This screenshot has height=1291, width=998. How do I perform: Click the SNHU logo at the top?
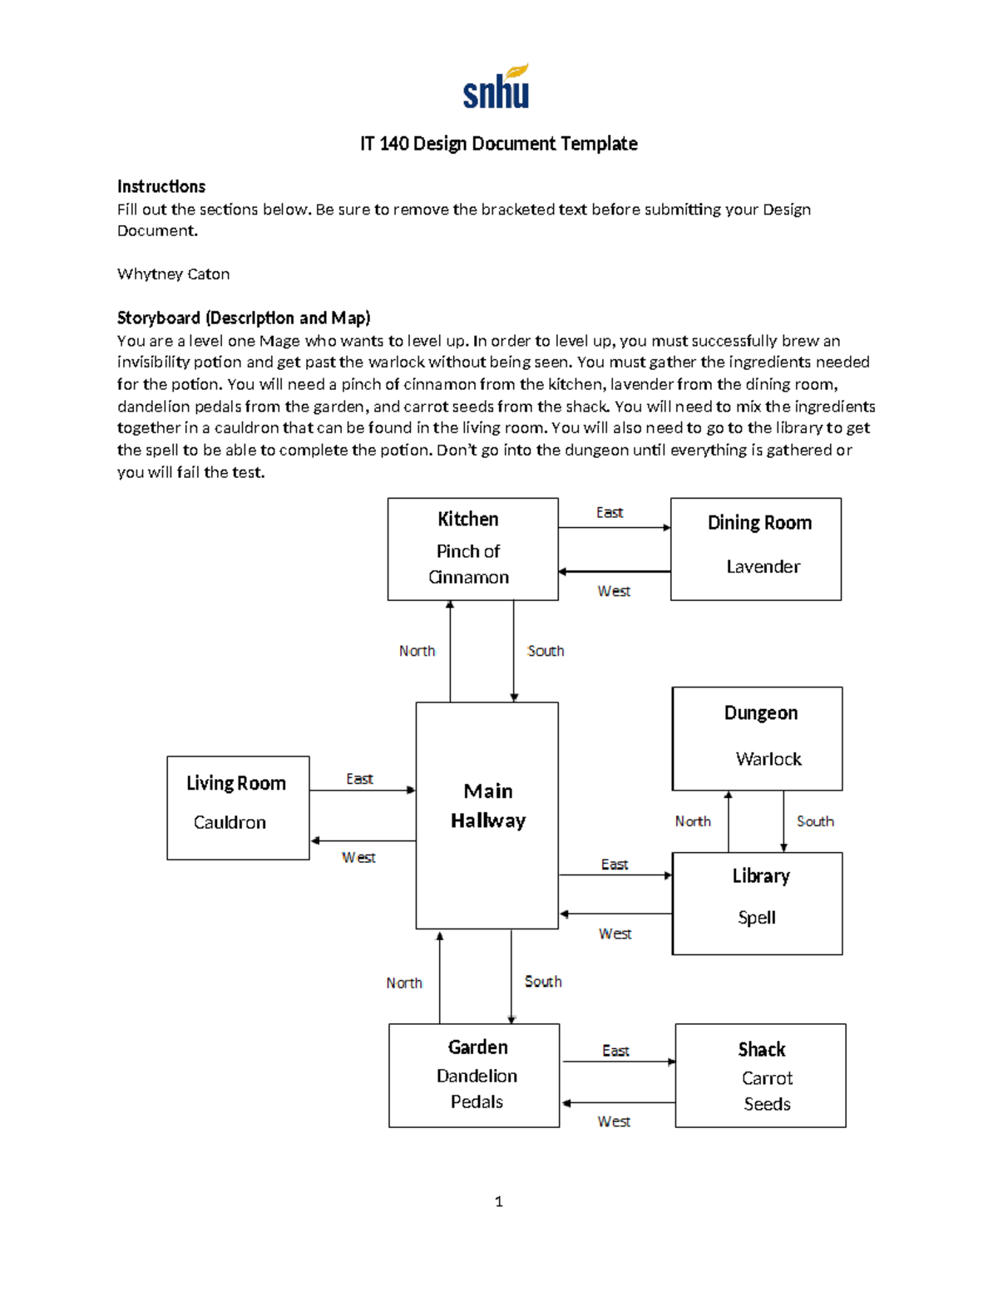[497, 87]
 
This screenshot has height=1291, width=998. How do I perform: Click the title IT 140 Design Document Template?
[498, 144]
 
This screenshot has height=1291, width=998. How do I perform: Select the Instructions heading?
[161, 186]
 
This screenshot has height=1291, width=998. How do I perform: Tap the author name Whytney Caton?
[173, 274]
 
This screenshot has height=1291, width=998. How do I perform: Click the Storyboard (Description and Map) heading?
[244, 318]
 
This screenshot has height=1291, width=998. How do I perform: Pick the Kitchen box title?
[468, 520]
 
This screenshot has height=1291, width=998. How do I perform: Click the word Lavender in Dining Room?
[763, 567]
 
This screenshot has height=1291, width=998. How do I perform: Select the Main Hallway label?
[488, 806]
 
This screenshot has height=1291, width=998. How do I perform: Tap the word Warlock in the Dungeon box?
[768, 759]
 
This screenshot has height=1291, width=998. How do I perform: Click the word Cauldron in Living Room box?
[230, 822]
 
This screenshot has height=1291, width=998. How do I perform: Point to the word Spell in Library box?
[757, 918]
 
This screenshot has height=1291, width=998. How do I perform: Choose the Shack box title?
[762, 1049]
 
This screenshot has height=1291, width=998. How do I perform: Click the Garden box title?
[477, 1047]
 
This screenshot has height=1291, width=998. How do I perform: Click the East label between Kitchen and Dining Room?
[610, 513]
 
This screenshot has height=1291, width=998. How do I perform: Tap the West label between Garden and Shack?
[614, 1121]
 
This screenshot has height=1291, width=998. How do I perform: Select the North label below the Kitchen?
[417, 651]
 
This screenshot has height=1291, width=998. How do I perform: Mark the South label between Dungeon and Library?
[815, 821]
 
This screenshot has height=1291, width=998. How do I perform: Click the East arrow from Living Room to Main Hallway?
[363, 790]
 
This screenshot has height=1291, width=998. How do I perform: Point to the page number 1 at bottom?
[499, 1201]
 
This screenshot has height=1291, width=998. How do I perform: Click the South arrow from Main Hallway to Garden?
[511, 977]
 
